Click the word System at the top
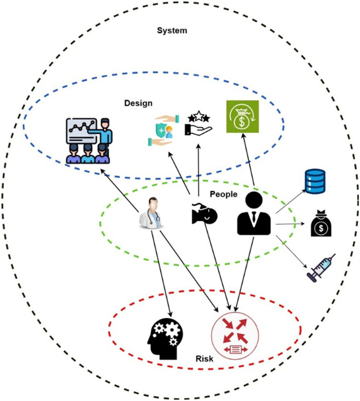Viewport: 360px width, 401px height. [172, 30]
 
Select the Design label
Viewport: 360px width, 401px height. [138, 103]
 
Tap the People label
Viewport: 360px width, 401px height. [224, 194]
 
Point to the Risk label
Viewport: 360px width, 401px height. [204, 358]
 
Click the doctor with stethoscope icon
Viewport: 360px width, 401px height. [151, 212]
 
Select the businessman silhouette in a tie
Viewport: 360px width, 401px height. [254, 213]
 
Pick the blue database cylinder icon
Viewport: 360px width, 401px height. [315, 181]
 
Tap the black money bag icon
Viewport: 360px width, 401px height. [321, 223]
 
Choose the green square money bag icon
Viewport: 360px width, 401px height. [242, 117]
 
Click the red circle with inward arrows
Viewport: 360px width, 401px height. [235, 336]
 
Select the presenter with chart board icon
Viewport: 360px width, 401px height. [89, 140]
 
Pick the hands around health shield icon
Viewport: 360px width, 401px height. [164, 131]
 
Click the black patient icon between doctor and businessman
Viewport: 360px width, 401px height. [204, 213]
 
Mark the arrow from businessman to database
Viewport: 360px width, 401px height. [291, 201]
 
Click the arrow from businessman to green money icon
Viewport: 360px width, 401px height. [248, 160]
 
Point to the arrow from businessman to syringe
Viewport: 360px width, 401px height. [291, 252]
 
